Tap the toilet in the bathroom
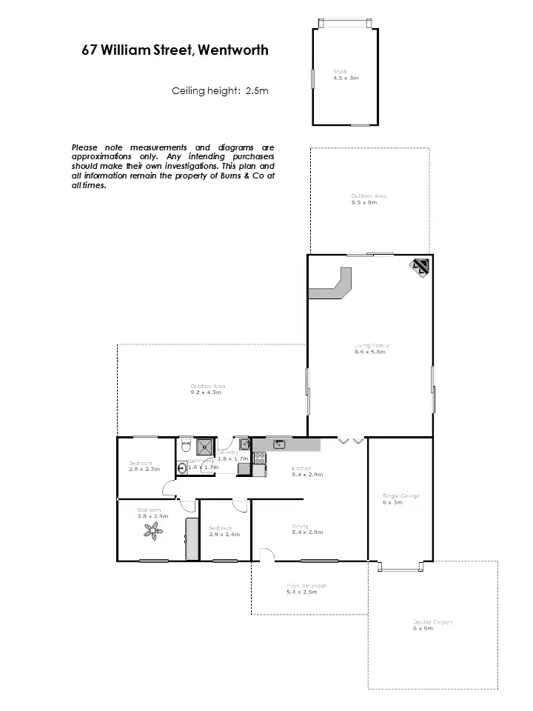coord(185,444)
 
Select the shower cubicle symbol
coord(204,445)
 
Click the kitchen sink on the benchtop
coord(280,444)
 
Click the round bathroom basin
coord(182,467)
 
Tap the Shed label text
coord(339,71)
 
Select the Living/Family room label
coord(371,346)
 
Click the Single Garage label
coord(400,496)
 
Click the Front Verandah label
coord(306,586)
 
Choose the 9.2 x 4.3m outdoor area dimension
coord(206,392)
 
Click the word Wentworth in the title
coord(233,50)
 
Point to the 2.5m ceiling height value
coord(257,91)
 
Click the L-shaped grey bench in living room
coord(333,286)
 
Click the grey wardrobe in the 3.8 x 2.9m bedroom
coord(192,538)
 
